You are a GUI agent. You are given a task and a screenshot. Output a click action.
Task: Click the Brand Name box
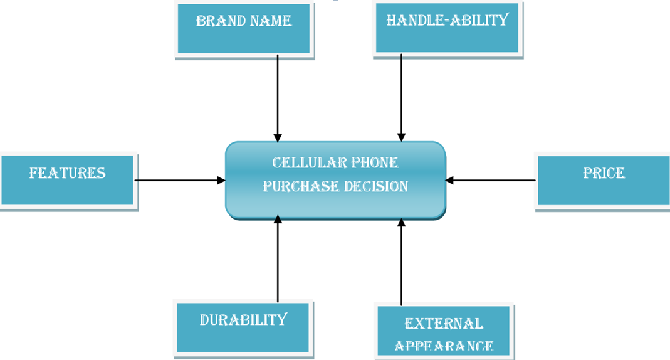[244, 29]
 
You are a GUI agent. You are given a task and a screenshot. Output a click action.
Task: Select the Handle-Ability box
[448, 28]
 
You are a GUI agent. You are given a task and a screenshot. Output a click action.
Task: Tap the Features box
[68, 181]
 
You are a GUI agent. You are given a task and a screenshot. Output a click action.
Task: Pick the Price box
[602, 181]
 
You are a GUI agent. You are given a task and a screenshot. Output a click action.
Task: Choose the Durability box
[243, 328]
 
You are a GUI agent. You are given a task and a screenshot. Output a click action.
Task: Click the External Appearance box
[444, 331]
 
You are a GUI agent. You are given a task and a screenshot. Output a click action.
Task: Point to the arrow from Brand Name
[278, 98]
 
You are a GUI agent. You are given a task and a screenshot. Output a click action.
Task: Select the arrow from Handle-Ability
[401, 98]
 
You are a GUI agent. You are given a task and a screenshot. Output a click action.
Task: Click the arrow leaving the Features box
[180, 181]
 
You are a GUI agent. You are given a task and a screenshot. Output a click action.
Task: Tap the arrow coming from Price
[491, 181]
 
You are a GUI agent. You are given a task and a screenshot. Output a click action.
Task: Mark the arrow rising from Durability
[278, 258]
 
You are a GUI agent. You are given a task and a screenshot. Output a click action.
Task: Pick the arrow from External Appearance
[401, 262]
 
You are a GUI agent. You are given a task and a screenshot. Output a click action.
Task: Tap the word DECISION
[376, 186]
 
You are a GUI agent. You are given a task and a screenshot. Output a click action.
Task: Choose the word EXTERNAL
[444, 324]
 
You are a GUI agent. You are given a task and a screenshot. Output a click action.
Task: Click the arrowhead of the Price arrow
[449, 181]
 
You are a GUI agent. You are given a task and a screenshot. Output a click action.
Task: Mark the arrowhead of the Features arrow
[221, 181]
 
